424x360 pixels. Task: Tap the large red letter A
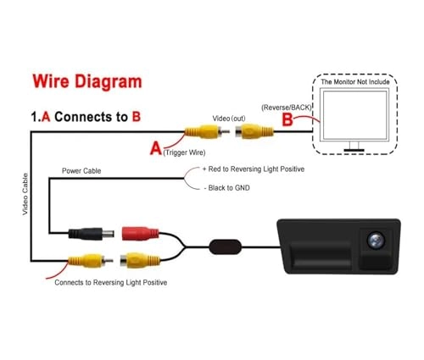[x=156, y=148]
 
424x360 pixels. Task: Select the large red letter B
[x=287, y=119]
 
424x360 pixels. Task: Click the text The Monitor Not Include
[x=356, y=82]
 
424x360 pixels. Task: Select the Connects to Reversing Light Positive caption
[x=110, y=282]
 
